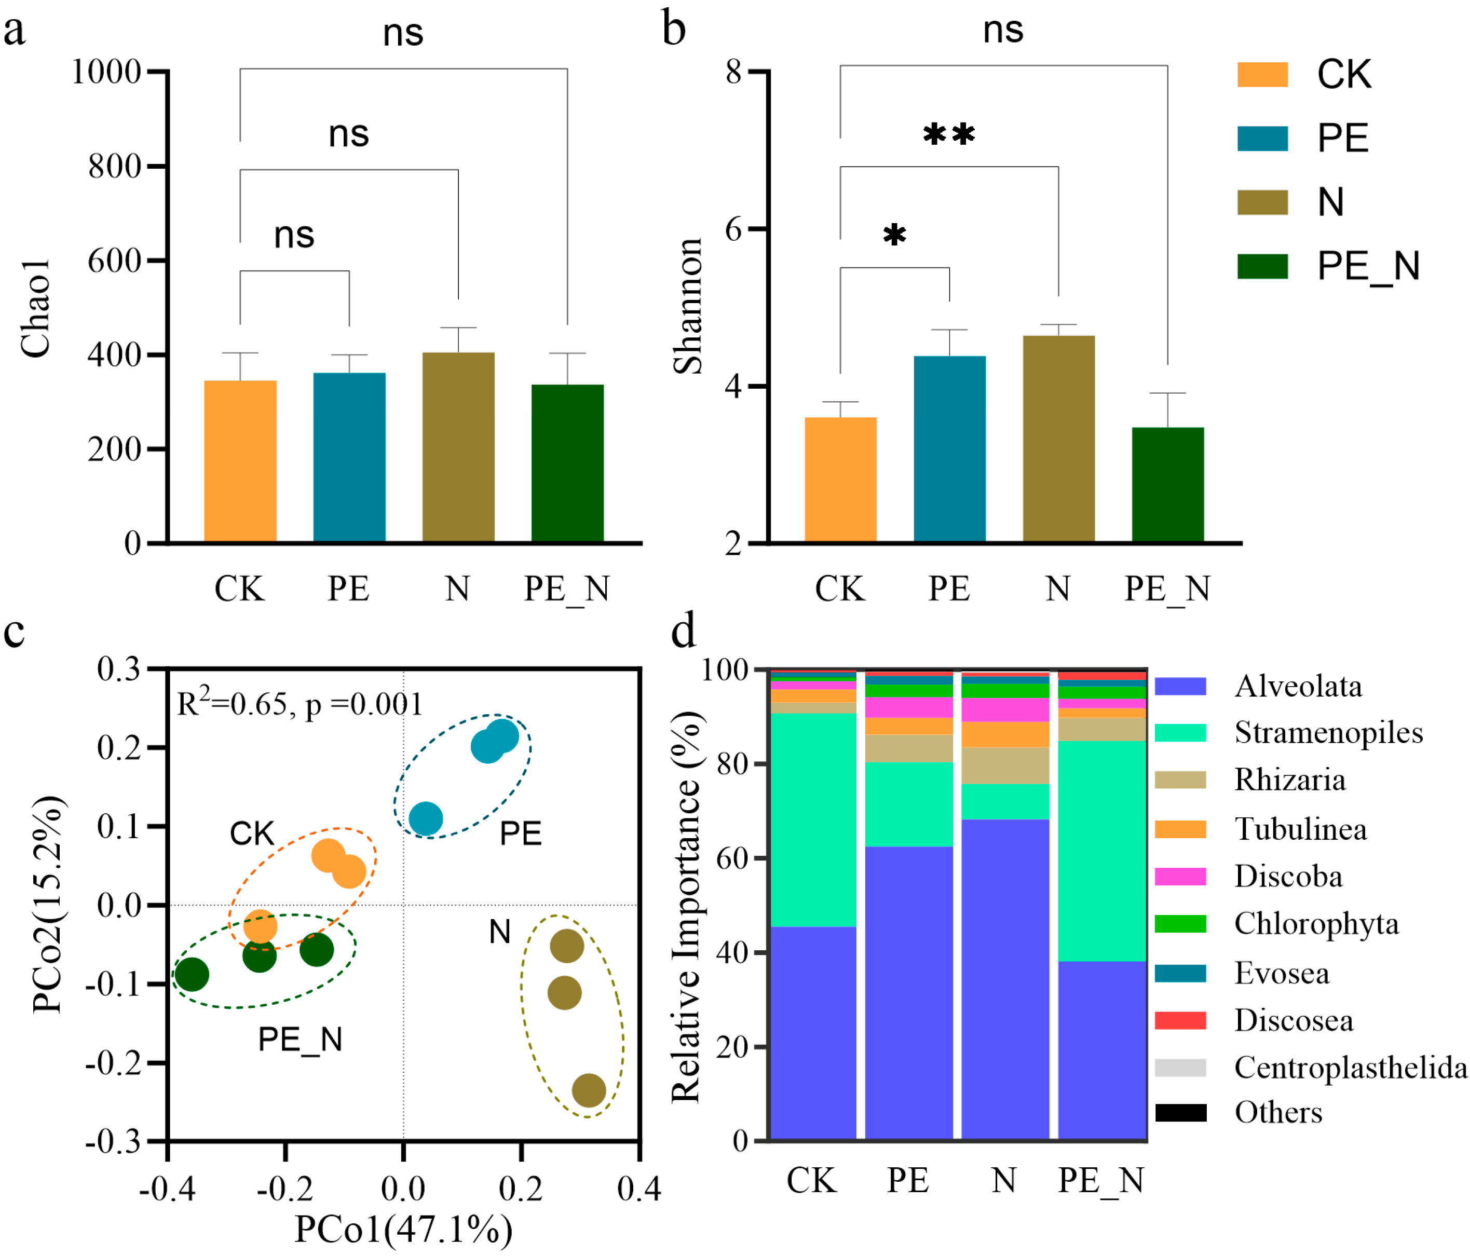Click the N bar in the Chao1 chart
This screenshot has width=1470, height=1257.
458,447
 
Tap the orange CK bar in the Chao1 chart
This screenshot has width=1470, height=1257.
240,461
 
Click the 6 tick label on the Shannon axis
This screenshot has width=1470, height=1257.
733,229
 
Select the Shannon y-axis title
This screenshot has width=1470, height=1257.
687,306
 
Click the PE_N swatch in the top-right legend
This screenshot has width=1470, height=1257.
1262,266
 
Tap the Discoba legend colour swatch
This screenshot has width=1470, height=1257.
1180,877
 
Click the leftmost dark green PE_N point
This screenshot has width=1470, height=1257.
192,974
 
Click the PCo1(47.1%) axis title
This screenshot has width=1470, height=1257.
403,1229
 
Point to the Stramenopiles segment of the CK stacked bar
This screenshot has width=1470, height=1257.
813,820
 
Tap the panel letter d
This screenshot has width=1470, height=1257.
683,631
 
